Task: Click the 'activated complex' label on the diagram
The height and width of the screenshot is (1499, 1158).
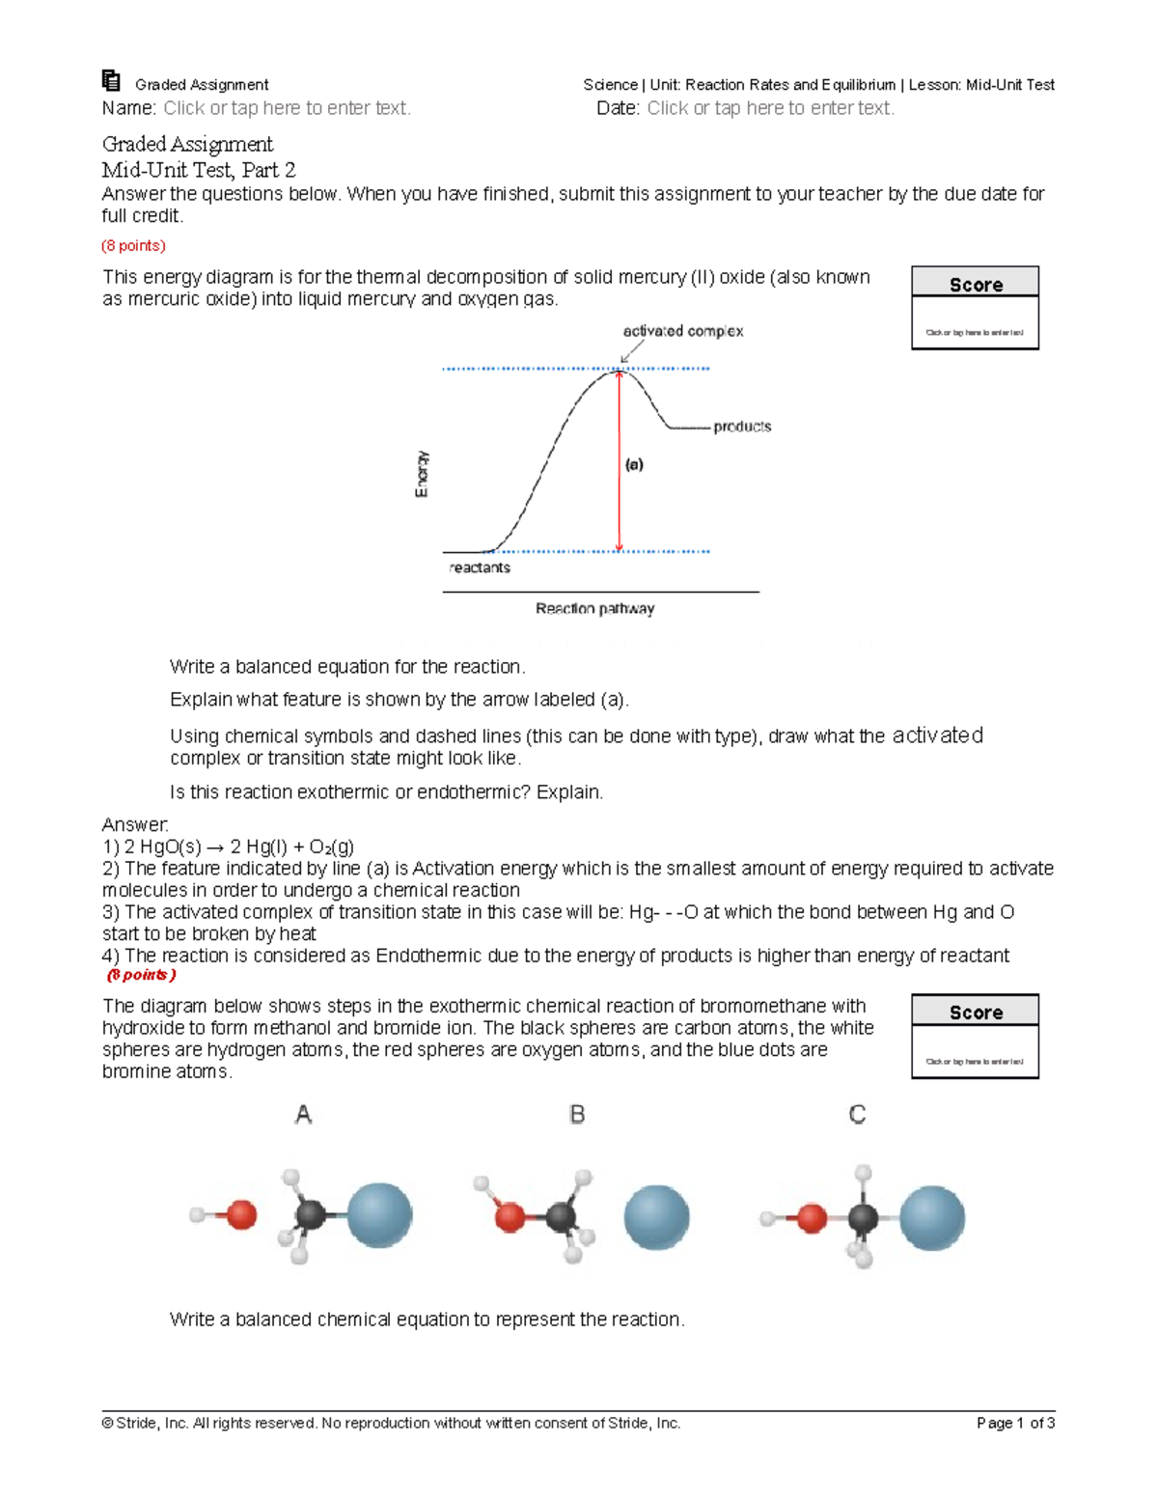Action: [682, 331]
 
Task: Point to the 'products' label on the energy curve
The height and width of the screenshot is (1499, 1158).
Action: [742, 427]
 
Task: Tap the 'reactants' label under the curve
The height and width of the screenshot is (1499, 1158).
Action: [480, 568]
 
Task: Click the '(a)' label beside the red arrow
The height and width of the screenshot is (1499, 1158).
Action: [634, 464]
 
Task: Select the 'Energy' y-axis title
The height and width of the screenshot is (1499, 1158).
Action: [422, 474]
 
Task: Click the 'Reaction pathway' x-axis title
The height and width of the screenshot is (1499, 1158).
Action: [594, 609]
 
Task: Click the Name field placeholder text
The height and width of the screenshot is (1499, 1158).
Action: [287, 108]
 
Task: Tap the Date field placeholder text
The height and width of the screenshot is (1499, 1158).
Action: [770, 108]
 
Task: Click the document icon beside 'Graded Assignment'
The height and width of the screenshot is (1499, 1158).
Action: [111, 81]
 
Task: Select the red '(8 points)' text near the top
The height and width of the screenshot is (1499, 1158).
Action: [134, 246]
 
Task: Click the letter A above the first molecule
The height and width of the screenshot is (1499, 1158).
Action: [303, 1115]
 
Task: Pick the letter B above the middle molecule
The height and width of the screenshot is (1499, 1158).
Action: [577, 1115]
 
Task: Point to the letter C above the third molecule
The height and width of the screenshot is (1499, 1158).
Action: [857, 1115]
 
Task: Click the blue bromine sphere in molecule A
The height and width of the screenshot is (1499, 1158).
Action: [378, 1215]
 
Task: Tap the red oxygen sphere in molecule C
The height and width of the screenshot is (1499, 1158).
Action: [813, 1219]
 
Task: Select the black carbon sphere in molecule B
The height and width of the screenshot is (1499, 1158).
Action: [561, 1216]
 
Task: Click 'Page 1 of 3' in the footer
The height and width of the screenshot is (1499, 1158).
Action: [1015, 1423]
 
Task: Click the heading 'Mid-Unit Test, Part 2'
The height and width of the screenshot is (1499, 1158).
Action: [199, 170]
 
